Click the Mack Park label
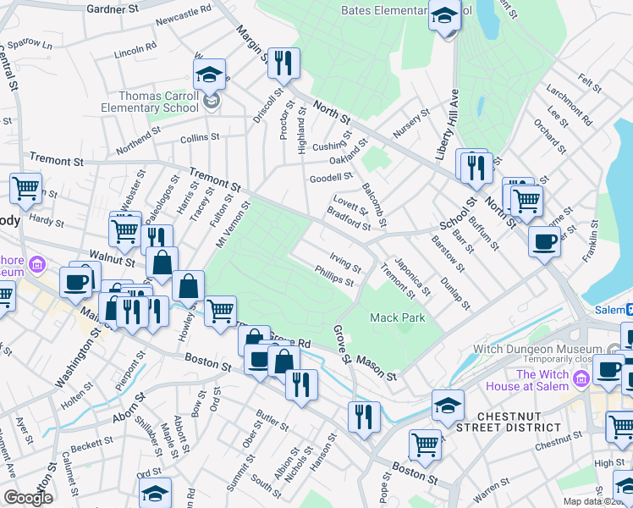[x=397, y=317]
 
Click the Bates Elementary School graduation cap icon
[x=443, y=16]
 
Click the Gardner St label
[x=113, y=8]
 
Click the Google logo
[x=28, y=499]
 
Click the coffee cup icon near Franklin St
[x=544, y=241]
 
